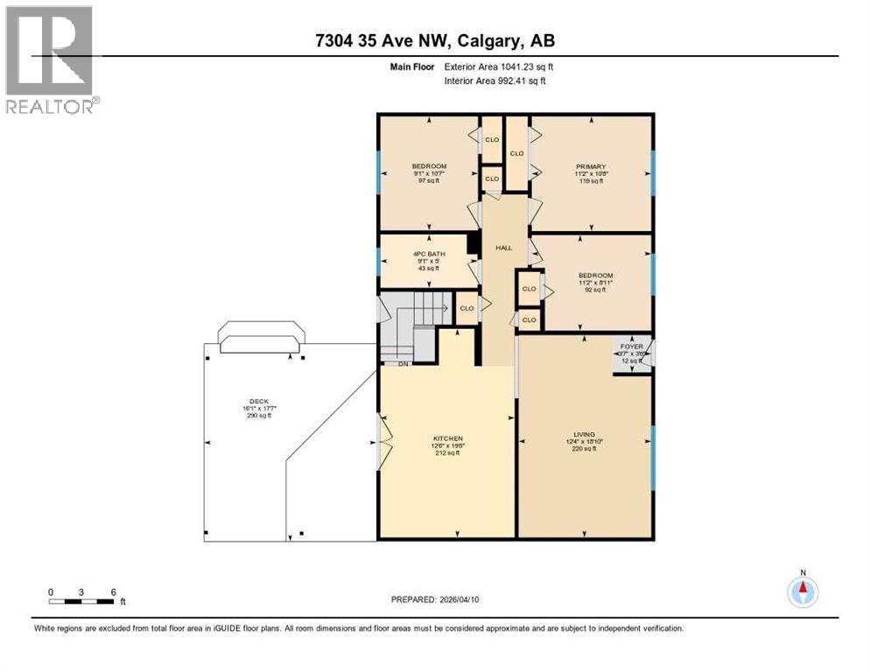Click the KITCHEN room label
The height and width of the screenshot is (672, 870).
click(447, 438)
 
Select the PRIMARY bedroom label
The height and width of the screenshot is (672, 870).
click(591, 166)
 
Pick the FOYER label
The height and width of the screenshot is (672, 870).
click(632, 346)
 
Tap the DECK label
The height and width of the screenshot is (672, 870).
click(257, 401)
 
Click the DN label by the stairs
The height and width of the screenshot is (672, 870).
click(403, 364)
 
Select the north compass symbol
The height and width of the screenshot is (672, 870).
click(801, 591)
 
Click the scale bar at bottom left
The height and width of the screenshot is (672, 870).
click(81, 601)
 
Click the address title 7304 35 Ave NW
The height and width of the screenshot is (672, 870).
click(436, 41)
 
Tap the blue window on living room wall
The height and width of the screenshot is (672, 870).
click(653, 457)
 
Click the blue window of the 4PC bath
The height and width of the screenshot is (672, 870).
click(378, 260)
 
